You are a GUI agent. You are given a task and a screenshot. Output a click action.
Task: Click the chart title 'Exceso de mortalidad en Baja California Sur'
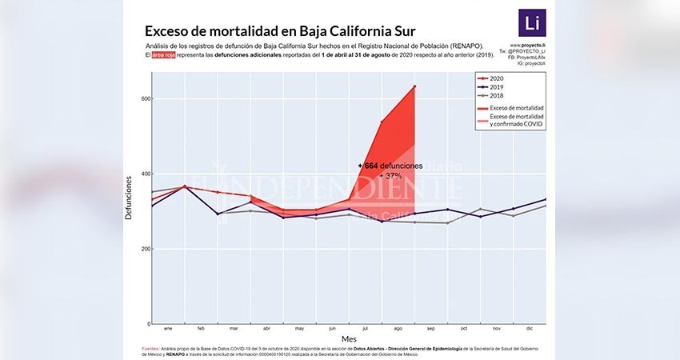pyautogui.click(x=279, y=31)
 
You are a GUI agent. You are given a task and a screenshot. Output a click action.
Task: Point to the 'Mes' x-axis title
pyautogui.click(x=350, y=340)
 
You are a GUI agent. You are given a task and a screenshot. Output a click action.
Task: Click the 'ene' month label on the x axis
pyautogui.click(x=168, y=329)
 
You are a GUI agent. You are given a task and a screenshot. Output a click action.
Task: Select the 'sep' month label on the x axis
pyautogui.click(x=431, y=329)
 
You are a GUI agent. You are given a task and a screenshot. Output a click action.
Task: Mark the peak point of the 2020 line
pyautogui.click(x=414, y=86)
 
